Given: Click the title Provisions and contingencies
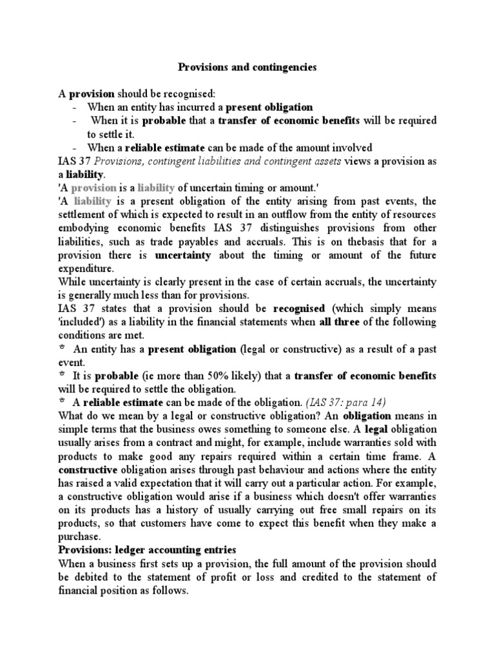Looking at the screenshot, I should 247,66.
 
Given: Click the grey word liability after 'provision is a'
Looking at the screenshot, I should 153,188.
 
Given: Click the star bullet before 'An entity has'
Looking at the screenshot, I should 63,348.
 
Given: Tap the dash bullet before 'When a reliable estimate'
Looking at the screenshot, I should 75,148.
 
